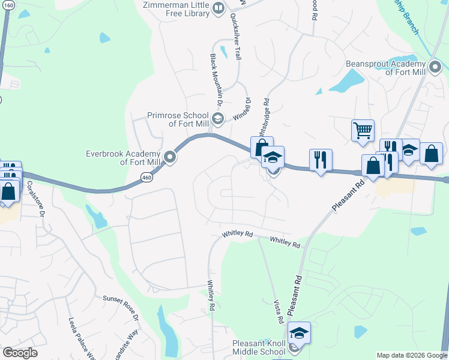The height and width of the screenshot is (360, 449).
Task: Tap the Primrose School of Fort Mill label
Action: click(177, 119)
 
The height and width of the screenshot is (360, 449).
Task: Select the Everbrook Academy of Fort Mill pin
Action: click(170, 158)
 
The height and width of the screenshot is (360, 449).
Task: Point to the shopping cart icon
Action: click(363, 130)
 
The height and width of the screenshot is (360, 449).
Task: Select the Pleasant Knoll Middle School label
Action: click(259, 347)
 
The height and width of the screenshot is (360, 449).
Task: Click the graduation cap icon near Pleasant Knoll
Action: click(299, 332)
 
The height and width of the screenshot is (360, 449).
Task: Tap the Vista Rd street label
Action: click(277, 310)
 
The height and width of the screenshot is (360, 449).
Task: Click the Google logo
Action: click(20, 353)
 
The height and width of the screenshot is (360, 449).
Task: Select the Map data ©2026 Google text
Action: click(411, 355)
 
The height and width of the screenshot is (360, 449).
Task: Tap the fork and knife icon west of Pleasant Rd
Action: click(320, 160)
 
